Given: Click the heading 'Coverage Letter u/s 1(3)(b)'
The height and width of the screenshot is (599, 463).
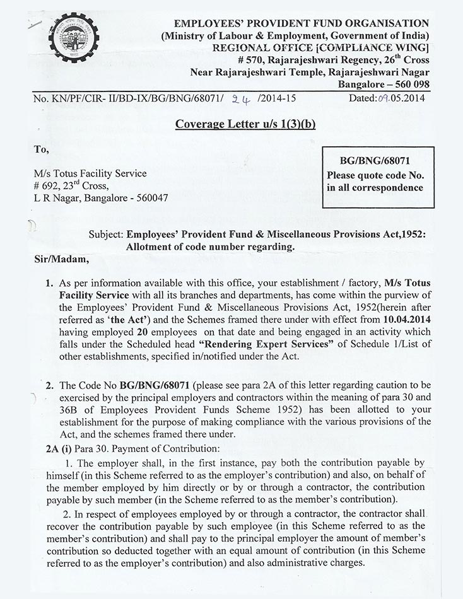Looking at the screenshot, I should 245,124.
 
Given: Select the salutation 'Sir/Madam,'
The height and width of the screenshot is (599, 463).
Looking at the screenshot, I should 58,259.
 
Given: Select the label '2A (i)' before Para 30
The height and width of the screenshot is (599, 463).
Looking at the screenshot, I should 48,448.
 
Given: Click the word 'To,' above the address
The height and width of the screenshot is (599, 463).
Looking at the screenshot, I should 41,149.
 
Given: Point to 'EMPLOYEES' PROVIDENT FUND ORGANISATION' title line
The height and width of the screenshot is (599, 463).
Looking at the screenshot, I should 302,24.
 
